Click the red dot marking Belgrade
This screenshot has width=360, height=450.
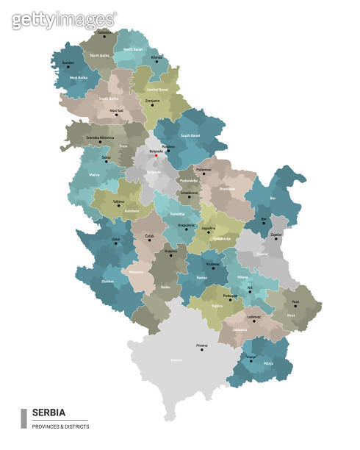[x=156, y=155]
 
